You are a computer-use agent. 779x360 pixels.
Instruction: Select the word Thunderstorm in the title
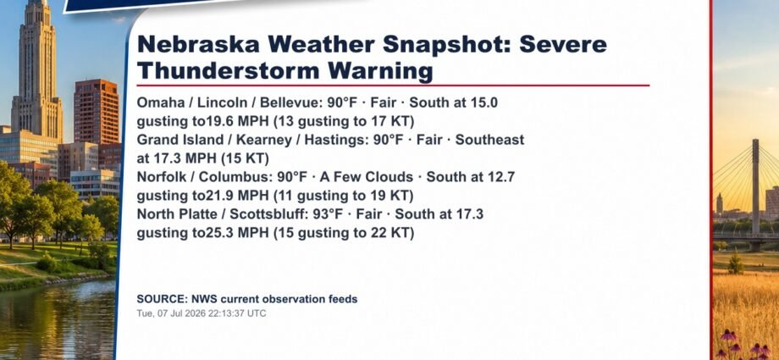tap(228, 71)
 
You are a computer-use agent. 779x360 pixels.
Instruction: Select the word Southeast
tap(489, 140)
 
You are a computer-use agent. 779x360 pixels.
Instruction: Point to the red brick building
tap(97, 112)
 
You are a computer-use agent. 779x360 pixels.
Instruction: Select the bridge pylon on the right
tap(755, 191)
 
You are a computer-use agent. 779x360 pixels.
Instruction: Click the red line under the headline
tap(393, 86)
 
